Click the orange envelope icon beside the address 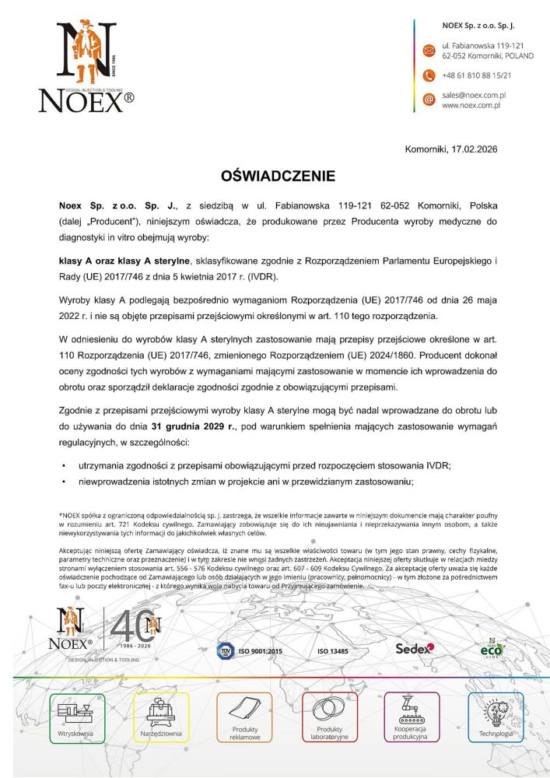coord(428,51)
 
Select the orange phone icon coord(428,75)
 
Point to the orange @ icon coord(428,100)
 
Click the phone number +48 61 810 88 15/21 coord(476,75)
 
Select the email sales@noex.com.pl coord(474,95)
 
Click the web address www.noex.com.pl coord(471,105)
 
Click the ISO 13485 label coord(333,650)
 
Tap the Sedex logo coord(415,648)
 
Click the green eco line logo coord(492,647)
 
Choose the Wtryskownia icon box coord(76,717)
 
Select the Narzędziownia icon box coord(161,717)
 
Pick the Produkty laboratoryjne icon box coord(329,717)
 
